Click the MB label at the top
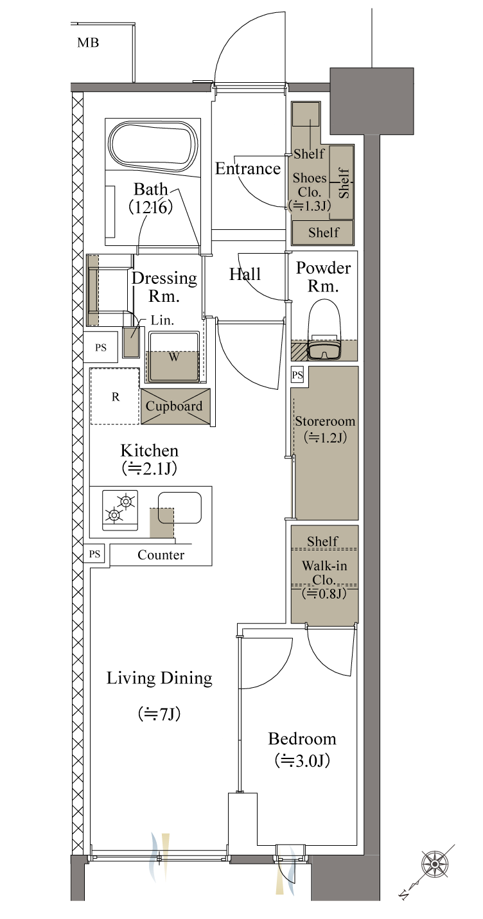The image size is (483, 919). (x=88, y=44)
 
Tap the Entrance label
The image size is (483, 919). (x=247, y=169)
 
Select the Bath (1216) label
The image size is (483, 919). (x=151, y=198)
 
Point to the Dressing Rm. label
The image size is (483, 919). (x=164, y=287)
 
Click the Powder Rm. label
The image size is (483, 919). (x=322, y=277)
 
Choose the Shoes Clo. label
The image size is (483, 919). (x=309, y=185)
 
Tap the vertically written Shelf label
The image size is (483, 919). (x=343, y=182)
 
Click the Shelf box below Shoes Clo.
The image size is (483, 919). (x=322, y=232)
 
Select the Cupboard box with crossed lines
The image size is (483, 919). (x=175, y=406)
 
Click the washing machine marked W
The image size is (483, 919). (x=173, y=366)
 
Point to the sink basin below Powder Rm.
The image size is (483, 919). (x=324, y=351)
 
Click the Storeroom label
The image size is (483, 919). (x=324, y=429)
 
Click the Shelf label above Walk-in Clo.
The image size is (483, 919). (x=322, y=541)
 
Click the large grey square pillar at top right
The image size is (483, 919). (x=371, y=101)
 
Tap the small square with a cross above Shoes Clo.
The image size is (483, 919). (x=306, y=114)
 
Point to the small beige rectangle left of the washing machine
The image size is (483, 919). (x=131, y=342)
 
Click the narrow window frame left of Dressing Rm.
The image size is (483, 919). (x=93, y=290)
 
